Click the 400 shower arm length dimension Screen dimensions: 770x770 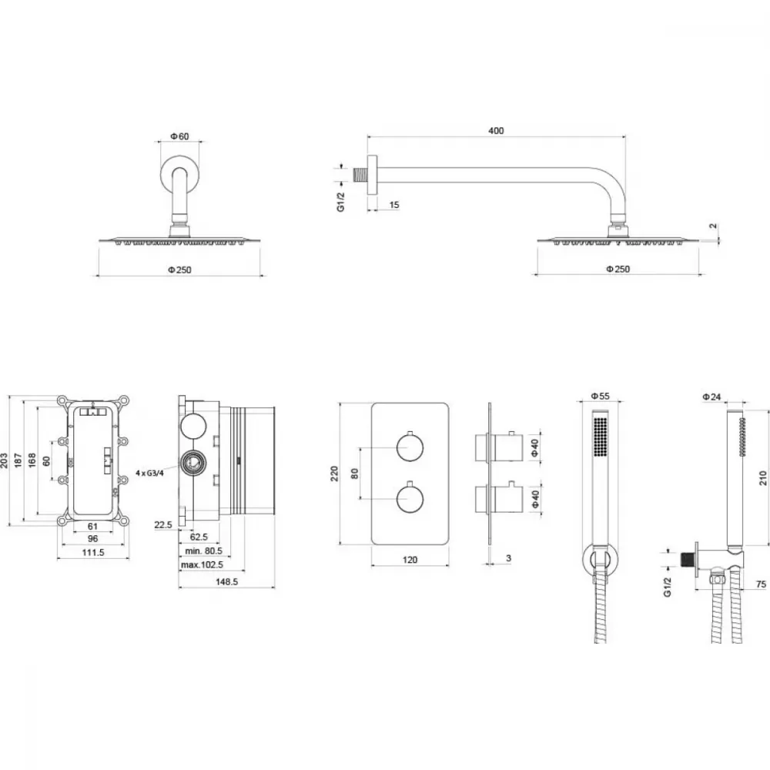[496, 131]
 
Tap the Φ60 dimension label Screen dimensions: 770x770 [179, 136]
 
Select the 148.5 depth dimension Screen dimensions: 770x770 [226, 581]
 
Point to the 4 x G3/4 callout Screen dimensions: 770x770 [150, 473]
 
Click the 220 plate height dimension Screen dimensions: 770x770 [334, 474]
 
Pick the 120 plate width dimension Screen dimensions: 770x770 [410, 560]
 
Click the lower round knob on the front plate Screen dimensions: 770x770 [410, 499]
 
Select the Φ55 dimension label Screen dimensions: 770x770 [600, 396]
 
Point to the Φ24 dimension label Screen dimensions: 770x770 [711, 397]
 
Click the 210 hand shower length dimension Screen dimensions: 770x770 [762, 478]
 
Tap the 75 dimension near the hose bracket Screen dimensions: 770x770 [761, 584]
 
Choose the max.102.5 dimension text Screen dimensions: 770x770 [202, 564]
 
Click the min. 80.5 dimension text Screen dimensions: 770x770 [204, 551]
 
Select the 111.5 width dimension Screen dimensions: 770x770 [93, 552]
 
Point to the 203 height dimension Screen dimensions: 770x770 [5, 460]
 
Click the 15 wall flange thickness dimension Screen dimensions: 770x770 [394, 205]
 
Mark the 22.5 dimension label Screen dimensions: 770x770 [163, 525]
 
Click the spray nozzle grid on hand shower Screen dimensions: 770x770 [600, 437]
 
